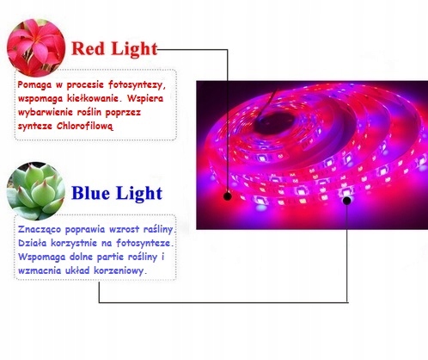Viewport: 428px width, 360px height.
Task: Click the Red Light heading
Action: coord(114,48)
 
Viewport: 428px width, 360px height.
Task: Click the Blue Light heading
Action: coord(115,191)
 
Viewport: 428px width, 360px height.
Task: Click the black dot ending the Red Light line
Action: coord(228,195)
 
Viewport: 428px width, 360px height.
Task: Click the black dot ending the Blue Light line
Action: coord(347,202)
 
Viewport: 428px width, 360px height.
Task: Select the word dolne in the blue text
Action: coord(85,257)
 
